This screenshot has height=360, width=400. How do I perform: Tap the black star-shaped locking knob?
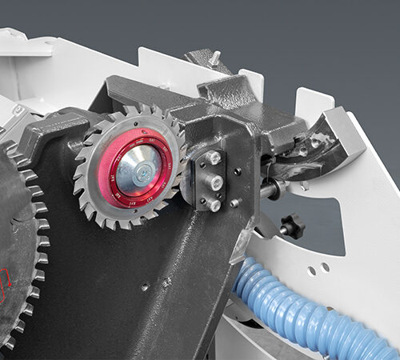point(292,226)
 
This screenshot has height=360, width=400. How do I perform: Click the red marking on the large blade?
point(10,284)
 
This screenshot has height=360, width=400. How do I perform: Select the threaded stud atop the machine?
point(214,58)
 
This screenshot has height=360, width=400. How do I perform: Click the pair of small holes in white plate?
point(318,268)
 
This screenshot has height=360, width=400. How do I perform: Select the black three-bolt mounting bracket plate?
point(210,182)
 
